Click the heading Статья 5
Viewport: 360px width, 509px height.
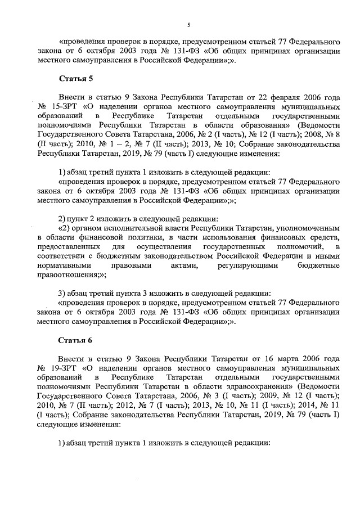75,78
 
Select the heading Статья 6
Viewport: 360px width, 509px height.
75,341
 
